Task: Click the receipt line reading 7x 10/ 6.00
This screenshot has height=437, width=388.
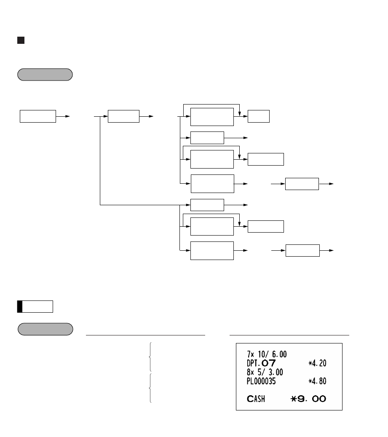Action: pos(267,355)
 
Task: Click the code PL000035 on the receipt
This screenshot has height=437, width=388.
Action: pos(262,381)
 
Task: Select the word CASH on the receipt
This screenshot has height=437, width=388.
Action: pos(256,399)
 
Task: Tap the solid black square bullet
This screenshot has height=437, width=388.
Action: pos(20,40)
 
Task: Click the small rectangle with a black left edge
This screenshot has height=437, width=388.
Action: pos(35,306)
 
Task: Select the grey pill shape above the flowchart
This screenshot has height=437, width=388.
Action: pos(45,75)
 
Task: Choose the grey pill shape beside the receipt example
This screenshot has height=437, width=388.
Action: pos(45,329)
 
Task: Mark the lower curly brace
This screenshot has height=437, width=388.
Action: pos(150,388)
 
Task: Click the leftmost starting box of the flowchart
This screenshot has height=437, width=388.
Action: pos(38,116)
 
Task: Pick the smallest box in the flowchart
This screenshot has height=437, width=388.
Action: pos(259,116)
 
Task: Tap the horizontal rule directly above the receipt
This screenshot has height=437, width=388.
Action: pos(289,335)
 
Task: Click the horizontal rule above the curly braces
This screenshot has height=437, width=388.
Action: pos(145,335)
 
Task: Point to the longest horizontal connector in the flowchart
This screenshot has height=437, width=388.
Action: pos(139,206)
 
